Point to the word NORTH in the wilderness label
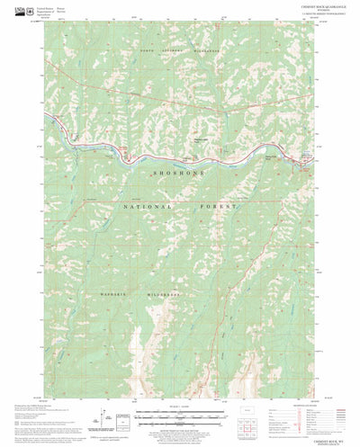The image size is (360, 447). coord(149,51)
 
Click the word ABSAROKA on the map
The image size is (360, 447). coord(175,51)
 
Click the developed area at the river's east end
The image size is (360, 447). coord(301,162)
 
